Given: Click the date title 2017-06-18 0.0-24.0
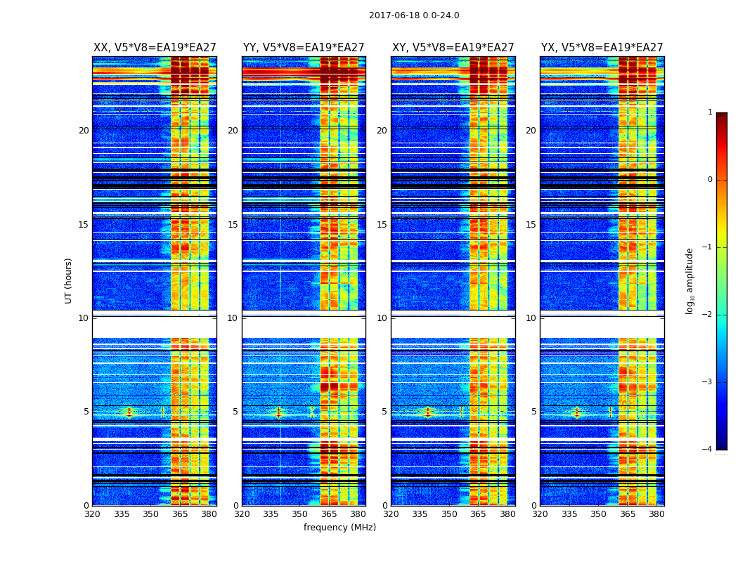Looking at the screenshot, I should [x=414, y=15].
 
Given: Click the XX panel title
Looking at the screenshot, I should [x=155, y=48].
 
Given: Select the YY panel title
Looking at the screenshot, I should [x=304, y=48].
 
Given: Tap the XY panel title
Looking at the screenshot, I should [x=453, y=48].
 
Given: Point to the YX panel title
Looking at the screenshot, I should [x=602, y=48].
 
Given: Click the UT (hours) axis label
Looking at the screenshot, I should [x=68, y=280].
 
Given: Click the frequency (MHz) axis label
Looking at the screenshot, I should [x=339, y=528].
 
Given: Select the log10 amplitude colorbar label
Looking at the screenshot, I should [x=690, y=281].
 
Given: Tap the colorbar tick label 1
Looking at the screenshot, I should [x=709, y=112].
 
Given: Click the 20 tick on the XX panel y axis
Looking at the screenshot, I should [x=84, y=131].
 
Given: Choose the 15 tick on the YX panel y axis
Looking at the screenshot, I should [x=531, y=225].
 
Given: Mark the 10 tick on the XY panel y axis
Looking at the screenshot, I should [x=382, y=318].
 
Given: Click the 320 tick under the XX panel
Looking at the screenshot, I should [x=92, y=514].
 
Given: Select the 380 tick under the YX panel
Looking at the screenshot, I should [x=656, y=514].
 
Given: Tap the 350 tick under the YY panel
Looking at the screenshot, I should [x=300, y=514].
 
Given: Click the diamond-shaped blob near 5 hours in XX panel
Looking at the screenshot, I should [x=129, y=412].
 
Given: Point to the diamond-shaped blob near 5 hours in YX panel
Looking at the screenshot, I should [x=576, y=412].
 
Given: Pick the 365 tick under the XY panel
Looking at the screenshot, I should [x=478, y=514].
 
